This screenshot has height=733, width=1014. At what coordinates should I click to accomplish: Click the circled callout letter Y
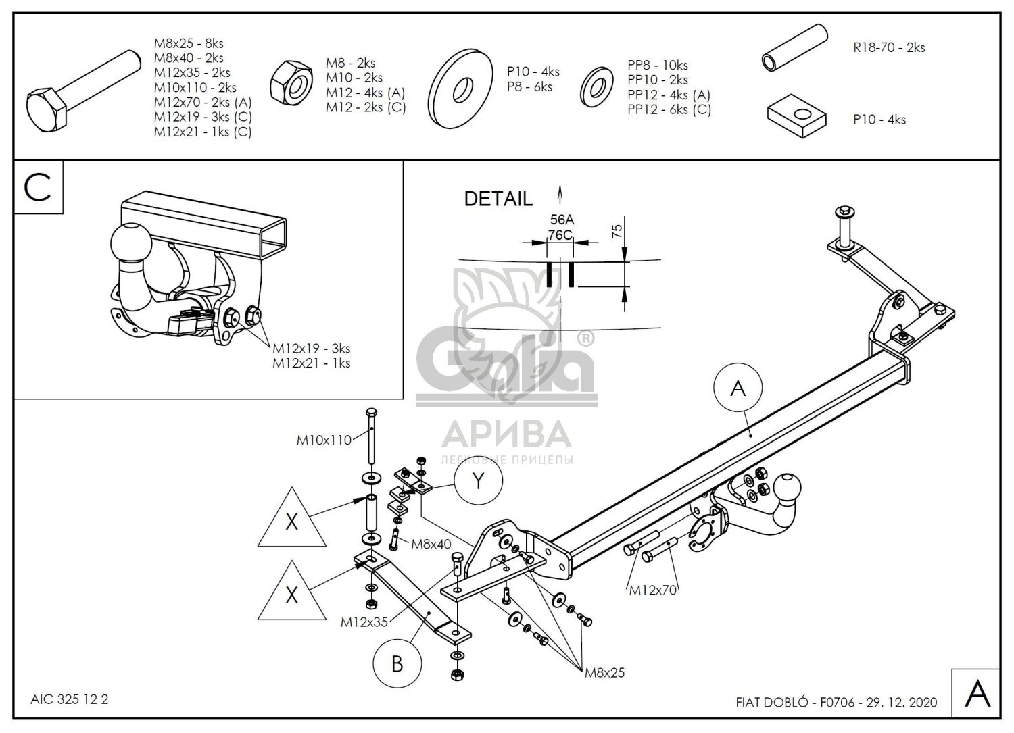pyautogui.click(x=479, y=481)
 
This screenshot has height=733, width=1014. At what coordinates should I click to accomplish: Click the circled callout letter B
pyautogui.click(x=397, y=663)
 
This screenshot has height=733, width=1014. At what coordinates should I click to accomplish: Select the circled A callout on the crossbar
pyautogui.click(x=738, y=388)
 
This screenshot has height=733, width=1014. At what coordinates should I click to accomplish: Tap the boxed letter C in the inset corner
pyautogui.click(x=38, y=187)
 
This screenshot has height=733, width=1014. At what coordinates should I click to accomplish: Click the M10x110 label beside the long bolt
pyautogui.click(x=324, y=440)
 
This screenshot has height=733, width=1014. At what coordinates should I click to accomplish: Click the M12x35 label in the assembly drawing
pyautogui.click(x=364, y=622)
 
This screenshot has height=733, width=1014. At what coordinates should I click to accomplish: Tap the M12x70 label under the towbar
pyautogui.click(x=653, y=590)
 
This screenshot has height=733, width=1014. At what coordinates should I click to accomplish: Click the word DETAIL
pyautogui.click(x=498, y=199)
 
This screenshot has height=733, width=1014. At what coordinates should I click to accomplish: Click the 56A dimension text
pyautogui.click(x=561, y=220)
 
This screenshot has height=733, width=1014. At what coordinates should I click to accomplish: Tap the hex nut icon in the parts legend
pyautogui.click(x=291, y=84)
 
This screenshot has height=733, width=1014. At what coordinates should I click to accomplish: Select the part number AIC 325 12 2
pyautogui.click(x=70, y=700)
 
